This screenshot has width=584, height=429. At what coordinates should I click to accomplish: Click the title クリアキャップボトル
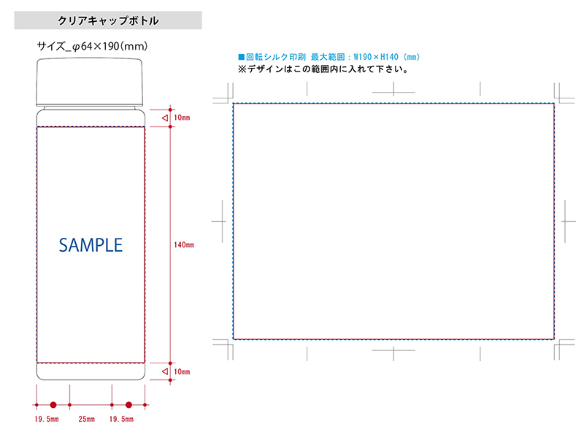[108, 20]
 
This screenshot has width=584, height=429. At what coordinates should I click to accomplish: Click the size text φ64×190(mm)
[110, 47]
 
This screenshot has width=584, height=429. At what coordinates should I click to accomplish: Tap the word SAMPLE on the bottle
[91, 245]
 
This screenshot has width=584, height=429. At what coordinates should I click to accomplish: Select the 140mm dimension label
[184, 244]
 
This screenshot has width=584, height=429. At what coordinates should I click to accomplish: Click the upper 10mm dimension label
[182, 117]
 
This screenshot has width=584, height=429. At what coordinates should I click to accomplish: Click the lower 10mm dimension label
[182, 371]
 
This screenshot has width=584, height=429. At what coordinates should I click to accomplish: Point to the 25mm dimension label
[86, 419]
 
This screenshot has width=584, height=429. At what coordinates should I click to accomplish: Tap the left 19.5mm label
[47, 419]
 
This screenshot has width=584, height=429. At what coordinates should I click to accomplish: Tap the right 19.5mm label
[121, 419]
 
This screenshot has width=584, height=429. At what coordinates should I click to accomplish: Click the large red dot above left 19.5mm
[53, 405]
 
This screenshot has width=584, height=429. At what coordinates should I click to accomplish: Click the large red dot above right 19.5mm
[129, 405]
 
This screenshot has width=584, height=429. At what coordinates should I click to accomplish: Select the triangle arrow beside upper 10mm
[165, 118]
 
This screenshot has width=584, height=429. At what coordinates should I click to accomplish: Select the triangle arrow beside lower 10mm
[165, 371]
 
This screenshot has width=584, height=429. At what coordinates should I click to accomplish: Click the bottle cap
[89, 82]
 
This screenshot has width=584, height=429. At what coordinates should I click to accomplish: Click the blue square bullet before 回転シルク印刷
[242, 57]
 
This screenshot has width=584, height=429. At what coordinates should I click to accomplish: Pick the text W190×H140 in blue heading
[376, 57]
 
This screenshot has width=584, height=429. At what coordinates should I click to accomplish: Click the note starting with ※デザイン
[323, 69]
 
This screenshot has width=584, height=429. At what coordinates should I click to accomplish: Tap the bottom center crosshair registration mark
[393, 350]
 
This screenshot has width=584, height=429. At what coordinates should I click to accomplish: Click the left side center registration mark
[223, 221]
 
